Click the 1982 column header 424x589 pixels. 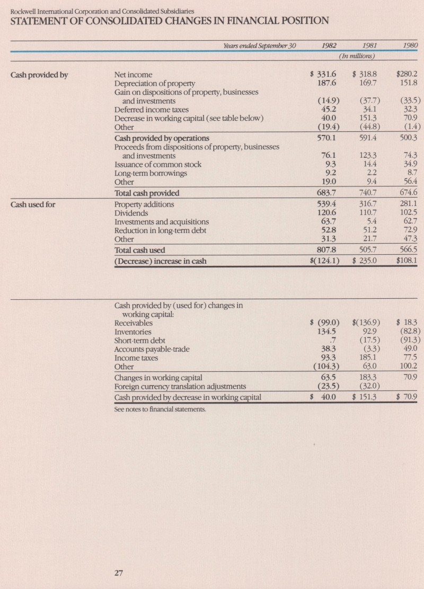(x=330, y=46)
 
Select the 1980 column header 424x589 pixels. (x=410, y=46)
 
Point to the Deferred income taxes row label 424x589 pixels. (x=152, y=110)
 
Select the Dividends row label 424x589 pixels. (x=131, y=212)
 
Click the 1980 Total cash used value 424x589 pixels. (x=408, y=250)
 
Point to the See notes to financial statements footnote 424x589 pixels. (x=152, y=409)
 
